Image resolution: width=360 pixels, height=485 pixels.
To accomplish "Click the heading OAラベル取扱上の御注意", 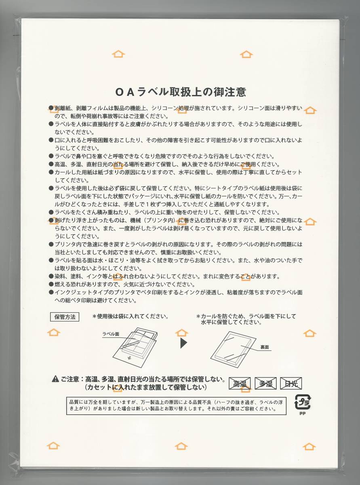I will coord(180,92).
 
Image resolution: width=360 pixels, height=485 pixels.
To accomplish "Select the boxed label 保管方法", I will coord(65,317).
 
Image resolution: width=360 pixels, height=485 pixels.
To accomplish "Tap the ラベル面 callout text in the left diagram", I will coord(111,334).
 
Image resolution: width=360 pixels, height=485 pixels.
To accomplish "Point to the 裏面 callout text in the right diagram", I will coord(265,347).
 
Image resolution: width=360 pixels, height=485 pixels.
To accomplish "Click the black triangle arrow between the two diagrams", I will coord(183,343).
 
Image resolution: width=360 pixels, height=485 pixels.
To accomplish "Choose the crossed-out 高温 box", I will coord(240,384).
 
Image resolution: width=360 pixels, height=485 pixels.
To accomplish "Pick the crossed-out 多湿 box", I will coord(265,384).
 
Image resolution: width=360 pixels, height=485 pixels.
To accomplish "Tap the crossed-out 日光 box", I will coord(291,384).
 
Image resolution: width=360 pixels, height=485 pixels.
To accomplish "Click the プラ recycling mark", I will coord(302,402).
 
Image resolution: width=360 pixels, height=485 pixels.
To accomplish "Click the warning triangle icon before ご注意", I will coord(55,380).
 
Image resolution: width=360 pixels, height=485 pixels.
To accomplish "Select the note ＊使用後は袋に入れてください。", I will coord(131,316).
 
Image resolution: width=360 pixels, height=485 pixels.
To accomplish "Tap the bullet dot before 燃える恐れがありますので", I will coord(51,285).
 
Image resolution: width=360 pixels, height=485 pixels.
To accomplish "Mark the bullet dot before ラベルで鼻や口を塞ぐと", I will coord(51,156).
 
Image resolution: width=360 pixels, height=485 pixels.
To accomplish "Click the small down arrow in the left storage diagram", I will coord(129,358).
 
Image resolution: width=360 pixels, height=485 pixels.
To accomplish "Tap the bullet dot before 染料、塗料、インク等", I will coord(51,276).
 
